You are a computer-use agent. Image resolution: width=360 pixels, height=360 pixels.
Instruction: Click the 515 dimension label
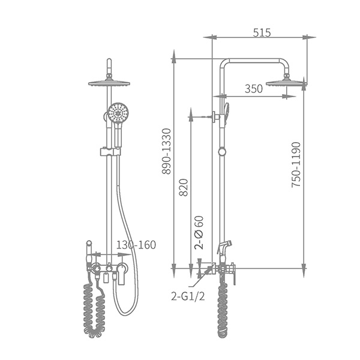262,32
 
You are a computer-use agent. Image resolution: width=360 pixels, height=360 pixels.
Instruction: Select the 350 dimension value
253,89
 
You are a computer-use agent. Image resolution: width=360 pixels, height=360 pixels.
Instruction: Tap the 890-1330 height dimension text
166,152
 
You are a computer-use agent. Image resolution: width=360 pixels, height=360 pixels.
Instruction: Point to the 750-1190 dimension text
296,164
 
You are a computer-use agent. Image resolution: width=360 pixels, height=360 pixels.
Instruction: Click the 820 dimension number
184,187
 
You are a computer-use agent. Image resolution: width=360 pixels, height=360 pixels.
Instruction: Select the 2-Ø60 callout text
199,233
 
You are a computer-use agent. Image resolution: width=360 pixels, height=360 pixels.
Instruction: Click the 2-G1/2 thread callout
188,296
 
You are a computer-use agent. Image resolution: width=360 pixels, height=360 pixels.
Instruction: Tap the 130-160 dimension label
136,245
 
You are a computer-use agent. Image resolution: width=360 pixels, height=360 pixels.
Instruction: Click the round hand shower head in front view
118,113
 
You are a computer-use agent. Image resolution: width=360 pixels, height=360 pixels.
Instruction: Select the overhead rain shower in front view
109,83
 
